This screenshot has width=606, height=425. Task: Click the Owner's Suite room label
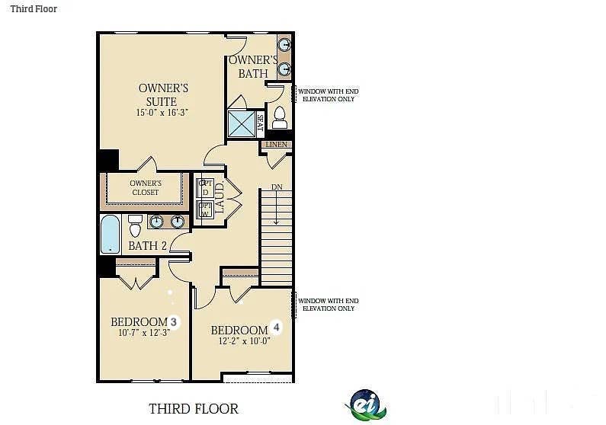point(162,94)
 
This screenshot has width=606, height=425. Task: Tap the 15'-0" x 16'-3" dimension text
point(162,113)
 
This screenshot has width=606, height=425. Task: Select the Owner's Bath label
point(253,66)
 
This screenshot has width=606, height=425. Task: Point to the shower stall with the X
point(241,123)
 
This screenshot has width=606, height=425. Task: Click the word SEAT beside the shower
point(260,123)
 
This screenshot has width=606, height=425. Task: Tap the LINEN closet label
point(276,144)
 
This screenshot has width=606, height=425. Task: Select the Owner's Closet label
point(145,187)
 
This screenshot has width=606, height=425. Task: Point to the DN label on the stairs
point(277,187)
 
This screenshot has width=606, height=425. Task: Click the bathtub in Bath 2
point(111,234)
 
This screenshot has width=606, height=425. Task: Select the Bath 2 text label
point(147,246)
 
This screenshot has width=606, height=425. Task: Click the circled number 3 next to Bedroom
point(173,322)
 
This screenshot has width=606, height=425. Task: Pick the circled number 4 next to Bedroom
point(277,328)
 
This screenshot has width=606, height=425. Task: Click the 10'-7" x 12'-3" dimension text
point(143,333)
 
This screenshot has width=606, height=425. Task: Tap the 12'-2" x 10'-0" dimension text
point(244,340)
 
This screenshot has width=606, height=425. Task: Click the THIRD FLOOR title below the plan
point(194,409)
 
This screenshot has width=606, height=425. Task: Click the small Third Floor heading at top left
point(34,9)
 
